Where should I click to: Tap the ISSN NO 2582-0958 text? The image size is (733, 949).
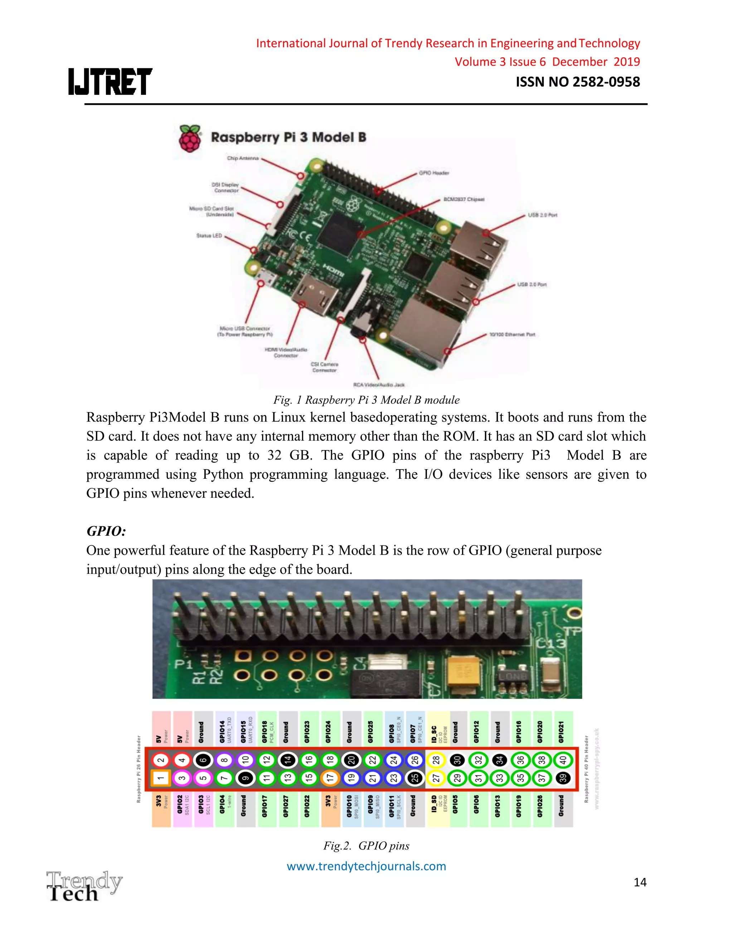[578, 82]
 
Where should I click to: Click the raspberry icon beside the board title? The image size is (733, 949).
[190, 139]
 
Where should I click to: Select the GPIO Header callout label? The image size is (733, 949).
[433, 173]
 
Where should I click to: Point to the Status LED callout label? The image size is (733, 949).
[209, 236]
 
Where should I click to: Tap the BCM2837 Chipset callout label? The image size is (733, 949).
[463, 199]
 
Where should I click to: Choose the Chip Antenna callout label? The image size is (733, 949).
[242, 158]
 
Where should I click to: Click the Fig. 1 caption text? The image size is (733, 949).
[366, 400]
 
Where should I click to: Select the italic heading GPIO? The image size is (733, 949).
[106, 531]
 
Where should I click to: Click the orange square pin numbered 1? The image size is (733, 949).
[161, 778]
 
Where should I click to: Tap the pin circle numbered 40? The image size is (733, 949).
[563, 760]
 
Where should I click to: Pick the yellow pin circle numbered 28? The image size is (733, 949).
[436, 760]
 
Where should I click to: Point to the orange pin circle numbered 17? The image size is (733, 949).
[330, 778]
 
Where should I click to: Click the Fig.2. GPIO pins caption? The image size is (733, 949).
[366, 846]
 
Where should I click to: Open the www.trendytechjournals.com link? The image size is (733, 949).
[366, 866]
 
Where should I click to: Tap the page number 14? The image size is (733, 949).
[640, 882]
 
